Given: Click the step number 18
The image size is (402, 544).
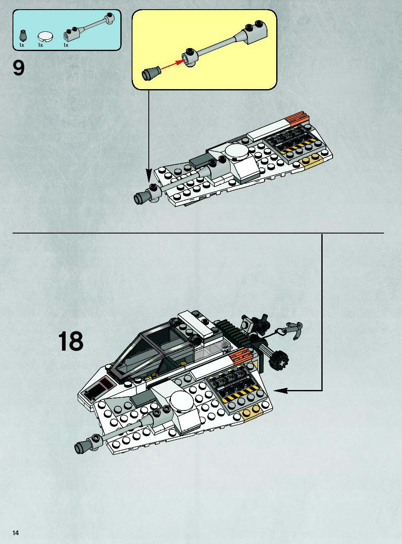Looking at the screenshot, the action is point(71,341).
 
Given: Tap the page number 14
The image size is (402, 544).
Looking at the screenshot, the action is point(16,532).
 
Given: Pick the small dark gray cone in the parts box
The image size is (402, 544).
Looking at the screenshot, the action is point(23,36).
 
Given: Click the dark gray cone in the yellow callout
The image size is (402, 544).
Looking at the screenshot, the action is point(151,72).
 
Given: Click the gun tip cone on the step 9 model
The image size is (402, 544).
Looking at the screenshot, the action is point(142,197).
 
